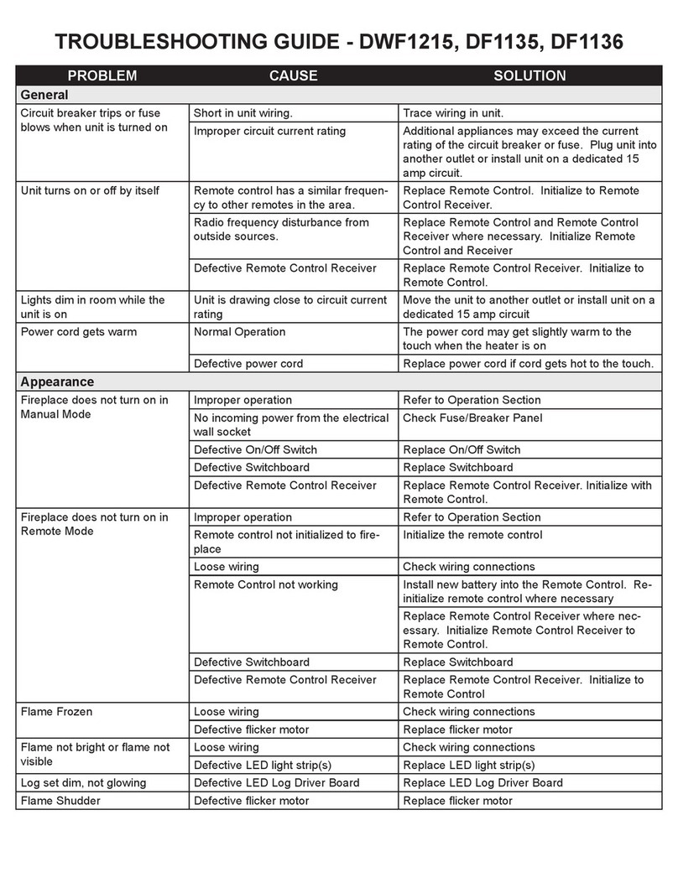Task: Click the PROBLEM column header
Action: (102, 75)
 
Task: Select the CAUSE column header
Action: (293, 75)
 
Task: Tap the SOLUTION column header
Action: (529, 75)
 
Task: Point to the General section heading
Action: (44, 95)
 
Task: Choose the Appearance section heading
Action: (57, 382)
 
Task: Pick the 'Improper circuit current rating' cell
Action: (269, 131)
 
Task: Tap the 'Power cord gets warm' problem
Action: (78, 332)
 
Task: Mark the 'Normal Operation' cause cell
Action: (239, 332)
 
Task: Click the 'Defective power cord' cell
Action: (248, 364)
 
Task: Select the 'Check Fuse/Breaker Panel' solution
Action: (472, 418)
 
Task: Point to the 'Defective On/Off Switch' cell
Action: (255, 449)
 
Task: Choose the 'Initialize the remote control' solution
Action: (472, 535)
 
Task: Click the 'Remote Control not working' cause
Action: (265, 584)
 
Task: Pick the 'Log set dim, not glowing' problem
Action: (82, 783)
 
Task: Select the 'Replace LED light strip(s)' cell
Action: (468, 765)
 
